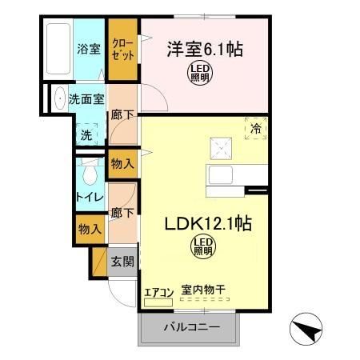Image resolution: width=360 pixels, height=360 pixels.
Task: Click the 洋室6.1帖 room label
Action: tap(204, 49)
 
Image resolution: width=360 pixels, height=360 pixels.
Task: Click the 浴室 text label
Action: tap(89, 49)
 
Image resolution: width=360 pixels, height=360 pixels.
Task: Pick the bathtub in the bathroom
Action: tap(58, 50)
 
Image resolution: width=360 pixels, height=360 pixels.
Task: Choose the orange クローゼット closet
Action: tap(123, 50)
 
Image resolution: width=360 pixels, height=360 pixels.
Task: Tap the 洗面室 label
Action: tap(86, 101)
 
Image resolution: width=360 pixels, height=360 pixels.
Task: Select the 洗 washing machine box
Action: tap(86, 134)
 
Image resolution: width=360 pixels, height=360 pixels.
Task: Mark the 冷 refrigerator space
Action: tap(255, 128)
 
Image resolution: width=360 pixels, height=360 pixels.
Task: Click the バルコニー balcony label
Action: tap(191, 326)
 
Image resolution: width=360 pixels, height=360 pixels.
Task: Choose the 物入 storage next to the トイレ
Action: tap(122, 164)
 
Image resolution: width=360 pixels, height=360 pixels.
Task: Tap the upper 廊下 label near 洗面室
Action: tap(122, 115)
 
